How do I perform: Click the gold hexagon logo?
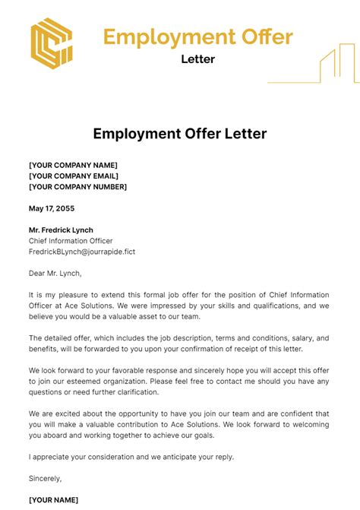pos(51,42)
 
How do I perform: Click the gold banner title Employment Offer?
pos(197,36)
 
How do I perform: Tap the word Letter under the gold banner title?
pos(197,59)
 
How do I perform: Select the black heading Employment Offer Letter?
pos(180,135)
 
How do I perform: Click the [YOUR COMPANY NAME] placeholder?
pos(73,165)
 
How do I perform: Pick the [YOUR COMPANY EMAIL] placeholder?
pos(74,176)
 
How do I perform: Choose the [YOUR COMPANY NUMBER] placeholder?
pos(77,186)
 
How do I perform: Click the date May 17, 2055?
pos(52,208)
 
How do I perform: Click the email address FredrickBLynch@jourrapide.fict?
pos(82,251)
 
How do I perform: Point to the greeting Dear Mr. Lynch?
pos(55,273)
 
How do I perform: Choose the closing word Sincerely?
pos(45,479)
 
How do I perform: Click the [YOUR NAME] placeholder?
pos(53,500)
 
